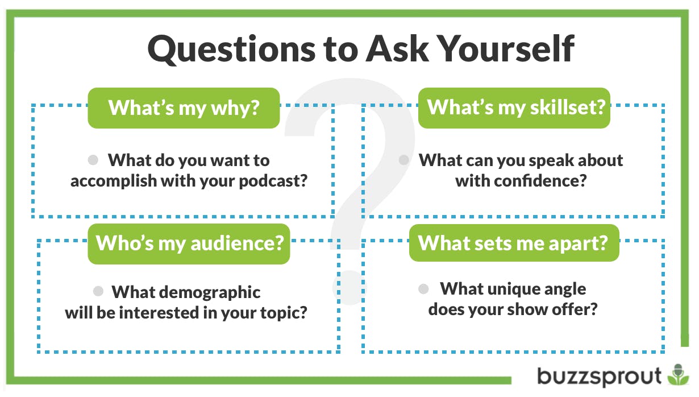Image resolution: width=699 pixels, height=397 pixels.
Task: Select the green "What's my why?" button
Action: (184, 107)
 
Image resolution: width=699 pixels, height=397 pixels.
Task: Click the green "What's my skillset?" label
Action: (514, 107)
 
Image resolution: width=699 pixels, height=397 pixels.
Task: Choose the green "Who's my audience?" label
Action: (189, 243)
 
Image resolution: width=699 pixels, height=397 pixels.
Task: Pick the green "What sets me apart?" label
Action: (514, 243)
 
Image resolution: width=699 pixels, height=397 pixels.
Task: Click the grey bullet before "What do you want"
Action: (94, 160)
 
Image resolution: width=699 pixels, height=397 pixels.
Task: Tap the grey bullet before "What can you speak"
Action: (404, 160)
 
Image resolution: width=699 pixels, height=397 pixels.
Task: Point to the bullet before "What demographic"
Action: (98, 291)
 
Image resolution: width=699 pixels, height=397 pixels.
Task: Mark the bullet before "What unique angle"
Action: (423, 288)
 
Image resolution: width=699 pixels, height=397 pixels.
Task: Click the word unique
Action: (505, 289)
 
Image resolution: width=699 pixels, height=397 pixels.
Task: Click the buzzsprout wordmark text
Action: (600, 376)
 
